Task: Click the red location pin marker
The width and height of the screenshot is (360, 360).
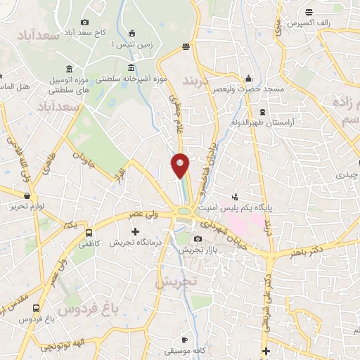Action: pyautogui.click(x=181, y=165)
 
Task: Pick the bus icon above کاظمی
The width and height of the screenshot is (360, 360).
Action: pyautogui.click(x=89, y=233)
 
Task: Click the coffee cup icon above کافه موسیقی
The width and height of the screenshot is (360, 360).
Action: pyautogui.click(x=186, y=339)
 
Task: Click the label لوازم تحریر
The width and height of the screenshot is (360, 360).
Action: pyautogui.click(x=18, y=207)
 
